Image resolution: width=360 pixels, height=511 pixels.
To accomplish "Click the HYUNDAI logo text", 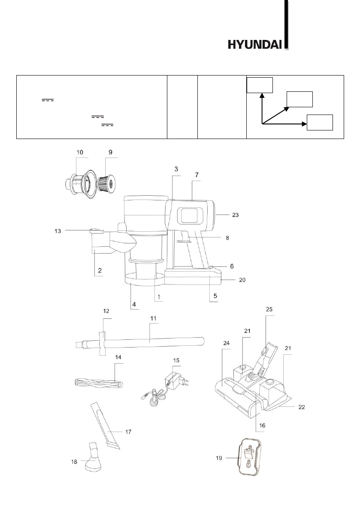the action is (x=254, y=44).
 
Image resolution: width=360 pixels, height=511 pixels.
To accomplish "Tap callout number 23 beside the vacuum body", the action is (x=235, y=215).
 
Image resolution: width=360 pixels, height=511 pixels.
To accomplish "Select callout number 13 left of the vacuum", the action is (x=57, y=231).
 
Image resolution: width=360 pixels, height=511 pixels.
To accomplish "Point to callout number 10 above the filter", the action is (x=80, y=152).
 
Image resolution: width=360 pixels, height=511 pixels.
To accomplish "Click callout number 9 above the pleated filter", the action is (x=110, y=152).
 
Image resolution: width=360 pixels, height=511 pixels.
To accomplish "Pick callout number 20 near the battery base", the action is (x=242, y=280).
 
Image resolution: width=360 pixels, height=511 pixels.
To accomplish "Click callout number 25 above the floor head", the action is (x=269, y=309).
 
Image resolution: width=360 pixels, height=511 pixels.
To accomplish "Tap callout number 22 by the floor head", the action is (x=302, y=407).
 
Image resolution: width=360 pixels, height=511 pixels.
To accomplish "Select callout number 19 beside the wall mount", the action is (x=219, y=458).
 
